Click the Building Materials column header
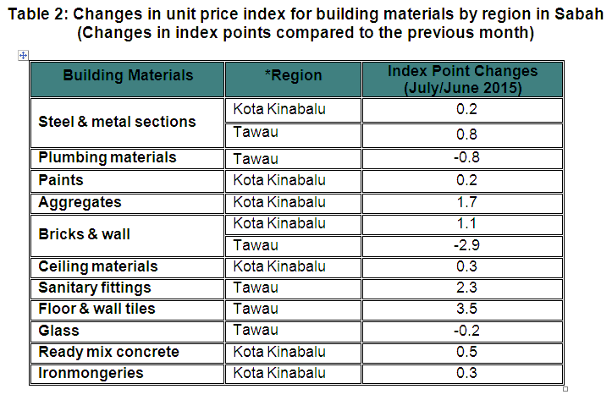click(128, 76)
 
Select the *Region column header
click(293, 76)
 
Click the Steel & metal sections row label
click(117, 122)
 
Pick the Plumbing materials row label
click(108, 158)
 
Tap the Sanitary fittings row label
click(95, 288)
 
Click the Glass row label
click(58, 331)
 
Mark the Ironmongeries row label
click(91, 374)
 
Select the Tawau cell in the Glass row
click(256, 331)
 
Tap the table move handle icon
click(23, 55)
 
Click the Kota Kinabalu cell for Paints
click(279, 180)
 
